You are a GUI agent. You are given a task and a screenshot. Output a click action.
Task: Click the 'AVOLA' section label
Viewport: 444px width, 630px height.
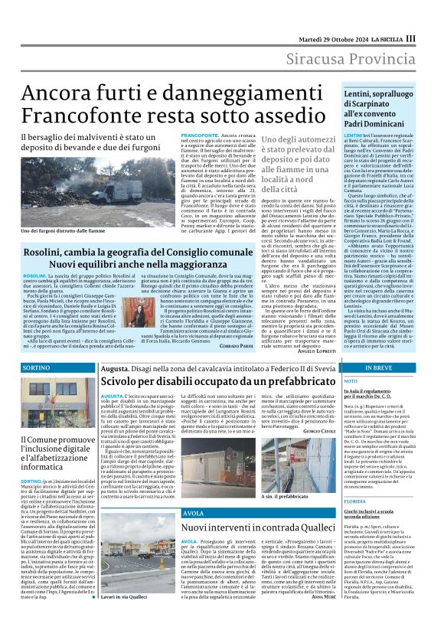pyautogui.click(x=194, y=512)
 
